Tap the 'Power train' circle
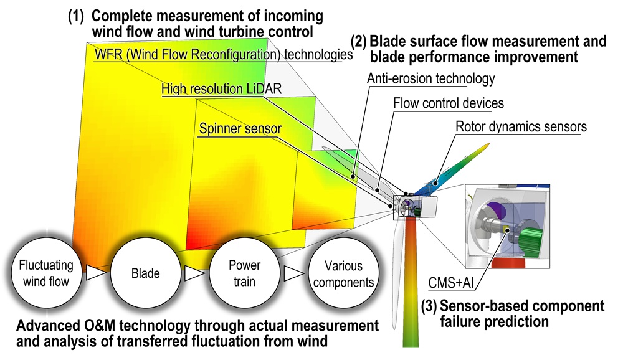pos(244,273)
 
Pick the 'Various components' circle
pos(343,274)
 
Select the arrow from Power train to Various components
pos(293,273)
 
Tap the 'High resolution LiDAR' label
pos(222,89)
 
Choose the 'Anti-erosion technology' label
pos(430,78)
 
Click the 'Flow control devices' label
pos(449,102)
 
